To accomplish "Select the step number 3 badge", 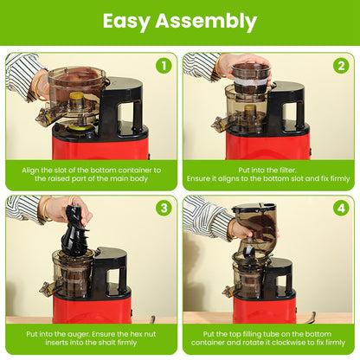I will [163, 209].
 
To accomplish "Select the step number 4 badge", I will [340, 209].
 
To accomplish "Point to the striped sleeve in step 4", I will [202, 216].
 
